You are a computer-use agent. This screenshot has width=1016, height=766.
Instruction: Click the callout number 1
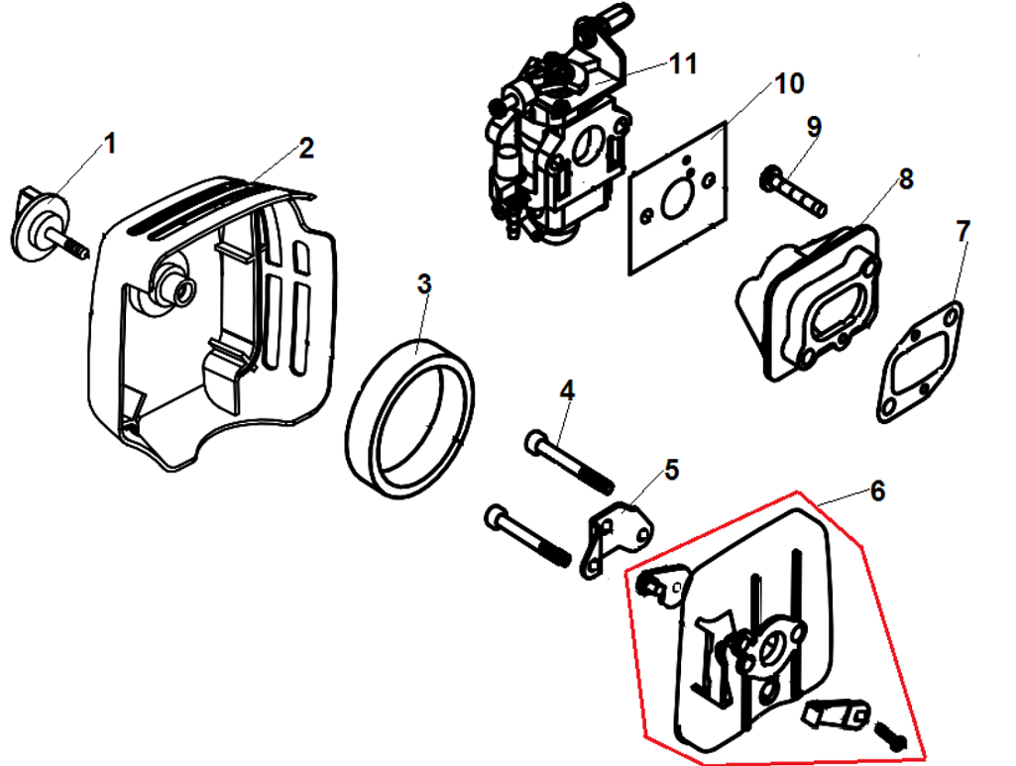[x=110, y=144]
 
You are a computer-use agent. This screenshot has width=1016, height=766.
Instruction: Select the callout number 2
[x=305, y=149]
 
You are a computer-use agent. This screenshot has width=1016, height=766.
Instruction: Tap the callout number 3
[x=424, y=284]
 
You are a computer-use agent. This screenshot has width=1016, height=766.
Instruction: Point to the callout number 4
[x=566, y=390]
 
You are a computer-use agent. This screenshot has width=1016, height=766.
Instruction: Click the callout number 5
[x=672, y=469]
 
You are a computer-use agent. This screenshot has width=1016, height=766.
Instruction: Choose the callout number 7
[x=962, y=231]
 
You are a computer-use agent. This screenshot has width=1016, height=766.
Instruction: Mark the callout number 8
[x=906, y=178]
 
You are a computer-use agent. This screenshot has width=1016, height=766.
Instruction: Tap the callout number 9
[x=814, y=127]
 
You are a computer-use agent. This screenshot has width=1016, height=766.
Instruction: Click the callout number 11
[x=683, y=64]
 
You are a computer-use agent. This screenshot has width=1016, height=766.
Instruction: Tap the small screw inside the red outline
[x=889, y=734]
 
